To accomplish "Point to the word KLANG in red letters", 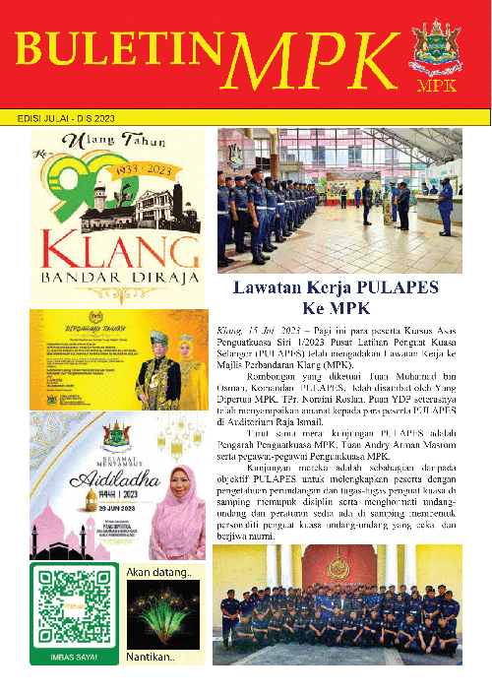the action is click(x=116, y=247).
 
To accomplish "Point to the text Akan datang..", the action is click(x=160, y=571).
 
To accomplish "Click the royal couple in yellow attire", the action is click(x=171, y=366).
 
